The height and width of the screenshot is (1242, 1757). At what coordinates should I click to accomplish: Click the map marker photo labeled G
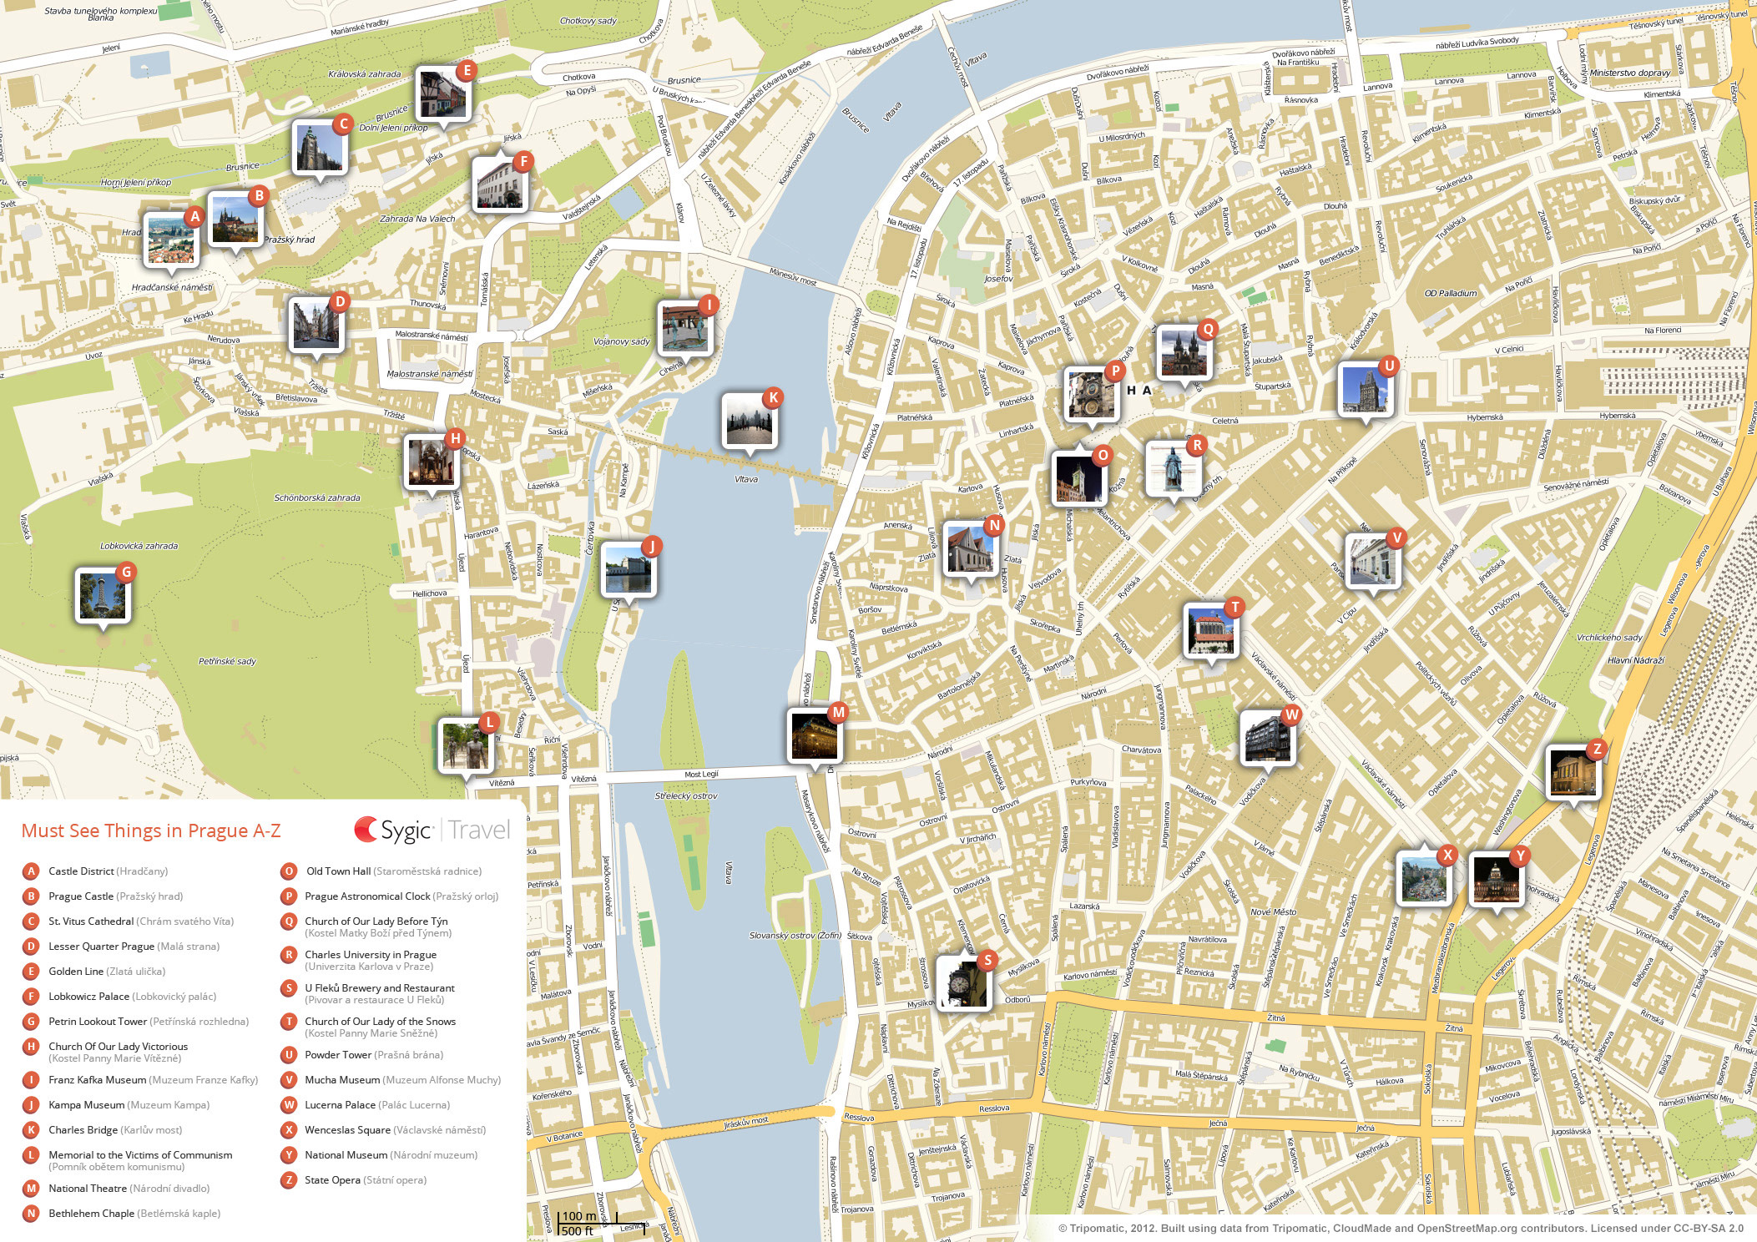click(102, 596)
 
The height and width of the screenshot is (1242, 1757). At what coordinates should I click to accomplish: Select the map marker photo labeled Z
click(1573, 773)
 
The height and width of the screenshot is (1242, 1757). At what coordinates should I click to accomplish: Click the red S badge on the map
click(987, 960)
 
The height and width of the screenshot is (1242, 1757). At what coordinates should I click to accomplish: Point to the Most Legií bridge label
click(701, 775)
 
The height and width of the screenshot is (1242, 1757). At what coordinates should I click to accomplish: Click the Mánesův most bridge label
click(792, 276)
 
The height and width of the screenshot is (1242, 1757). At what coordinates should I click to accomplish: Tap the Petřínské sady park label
click(227, 661)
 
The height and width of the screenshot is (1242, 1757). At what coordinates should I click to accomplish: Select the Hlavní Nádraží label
click(1635, 660)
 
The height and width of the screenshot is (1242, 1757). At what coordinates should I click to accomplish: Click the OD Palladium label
click(1450, 293)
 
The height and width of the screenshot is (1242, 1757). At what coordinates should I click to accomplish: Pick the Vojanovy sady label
click(621, 341)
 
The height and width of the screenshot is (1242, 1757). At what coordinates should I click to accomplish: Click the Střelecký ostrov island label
click(685, 795)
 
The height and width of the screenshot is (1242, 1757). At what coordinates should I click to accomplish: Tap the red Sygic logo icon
click(366, 829)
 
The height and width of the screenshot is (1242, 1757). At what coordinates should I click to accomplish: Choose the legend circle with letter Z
click(289, 1179)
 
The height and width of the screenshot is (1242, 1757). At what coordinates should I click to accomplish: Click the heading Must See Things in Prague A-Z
click(151, 831)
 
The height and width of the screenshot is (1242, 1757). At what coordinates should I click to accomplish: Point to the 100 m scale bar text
click(578, 1216)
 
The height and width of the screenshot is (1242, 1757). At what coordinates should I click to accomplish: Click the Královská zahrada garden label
click(364, 74)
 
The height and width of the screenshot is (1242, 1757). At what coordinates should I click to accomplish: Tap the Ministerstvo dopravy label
click(1629, 73)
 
